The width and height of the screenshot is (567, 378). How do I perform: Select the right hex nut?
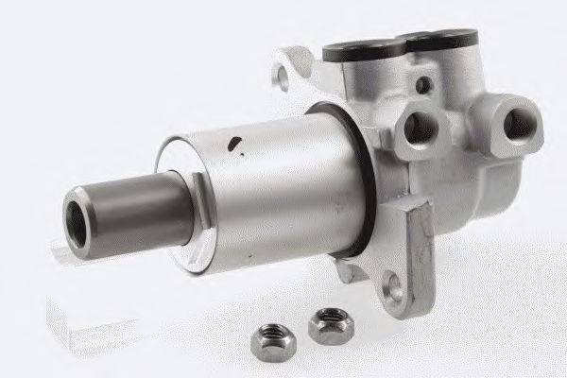(330, 323)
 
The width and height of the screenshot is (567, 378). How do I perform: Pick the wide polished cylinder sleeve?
(274, 189)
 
